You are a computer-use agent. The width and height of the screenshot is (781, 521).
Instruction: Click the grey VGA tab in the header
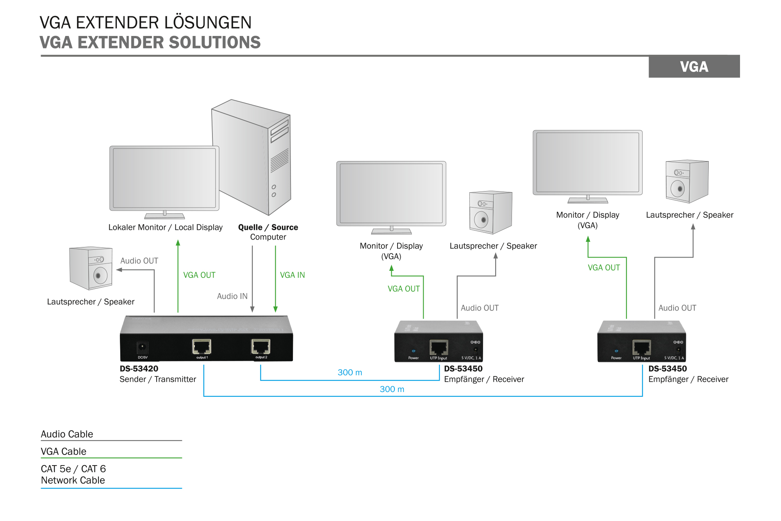click(x=694, y=67)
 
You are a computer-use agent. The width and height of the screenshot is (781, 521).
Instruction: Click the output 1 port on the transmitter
click(x=201, y=347)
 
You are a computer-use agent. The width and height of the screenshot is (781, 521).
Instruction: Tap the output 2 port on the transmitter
click(x=261, y=347)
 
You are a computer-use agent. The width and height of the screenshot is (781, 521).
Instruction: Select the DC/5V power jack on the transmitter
click(x=142, y=347)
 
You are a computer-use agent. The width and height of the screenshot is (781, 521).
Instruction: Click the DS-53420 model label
click(x=139, y=369)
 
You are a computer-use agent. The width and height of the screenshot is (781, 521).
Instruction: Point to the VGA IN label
click(x=292, y=275)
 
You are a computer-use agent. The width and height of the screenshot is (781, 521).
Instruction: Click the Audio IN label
click(x=232, y=296)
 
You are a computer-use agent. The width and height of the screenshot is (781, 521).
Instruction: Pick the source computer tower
click(x=251, y=156)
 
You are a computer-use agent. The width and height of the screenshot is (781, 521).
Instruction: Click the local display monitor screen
click(x=164, y=178)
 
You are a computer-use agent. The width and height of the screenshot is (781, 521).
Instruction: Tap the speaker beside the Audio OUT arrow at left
click(x=91, y=268)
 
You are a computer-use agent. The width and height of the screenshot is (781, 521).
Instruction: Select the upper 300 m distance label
click(x=349, y=372)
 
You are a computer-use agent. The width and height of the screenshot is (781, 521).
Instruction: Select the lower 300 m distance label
click(x=392, y=389)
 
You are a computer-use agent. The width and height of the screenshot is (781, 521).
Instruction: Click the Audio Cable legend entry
click(x=67, y=434)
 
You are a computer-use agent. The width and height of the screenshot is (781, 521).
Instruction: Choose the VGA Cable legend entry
click(x=64, y=451)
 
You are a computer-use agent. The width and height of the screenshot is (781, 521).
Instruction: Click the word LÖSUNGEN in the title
click(x=208, y=23)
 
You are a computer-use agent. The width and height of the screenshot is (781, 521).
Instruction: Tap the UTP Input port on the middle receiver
click(x=439, y=347)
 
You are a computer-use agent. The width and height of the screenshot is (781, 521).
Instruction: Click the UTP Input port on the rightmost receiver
click(x=642, y=347)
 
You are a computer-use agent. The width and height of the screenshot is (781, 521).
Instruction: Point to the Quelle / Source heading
click(x=268, y=227)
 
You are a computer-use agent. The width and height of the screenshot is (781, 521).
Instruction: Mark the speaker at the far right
click(x=687, y=181)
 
